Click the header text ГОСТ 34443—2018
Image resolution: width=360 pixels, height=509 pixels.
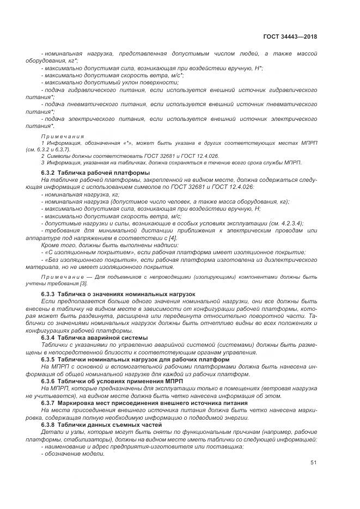(291, 36)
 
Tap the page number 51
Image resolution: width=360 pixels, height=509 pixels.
(313, 463)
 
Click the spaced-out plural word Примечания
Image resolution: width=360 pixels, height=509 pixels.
(63, 136)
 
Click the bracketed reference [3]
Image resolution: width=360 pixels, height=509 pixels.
(83, 284)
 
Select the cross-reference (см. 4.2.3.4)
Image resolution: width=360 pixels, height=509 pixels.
(283, 223)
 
